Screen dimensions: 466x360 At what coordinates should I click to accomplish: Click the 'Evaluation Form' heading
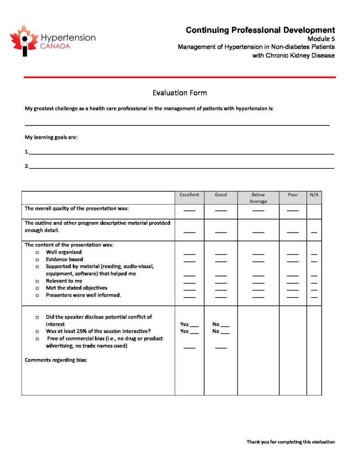click(179, 93)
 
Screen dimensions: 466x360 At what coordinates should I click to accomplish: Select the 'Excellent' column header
click(189, 195)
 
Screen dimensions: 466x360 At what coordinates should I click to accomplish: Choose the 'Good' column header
click(221, 195)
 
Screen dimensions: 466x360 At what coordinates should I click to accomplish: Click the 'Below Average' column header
click(258, 198)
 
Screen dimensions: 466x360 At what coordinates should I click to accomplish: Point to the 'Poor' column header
click(293, 195)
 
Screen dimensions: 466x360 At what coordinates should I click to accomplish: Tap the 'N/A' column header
click(314, 195)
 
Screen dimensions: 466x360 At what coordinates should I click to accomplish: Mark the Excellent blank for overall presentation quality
click(189, 211)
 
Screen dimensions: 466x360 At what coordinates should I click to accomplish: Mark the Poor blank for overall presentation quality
click(293, 211)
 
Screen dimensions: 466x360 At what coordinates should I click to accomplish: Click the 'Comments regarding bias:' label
click(56, 360)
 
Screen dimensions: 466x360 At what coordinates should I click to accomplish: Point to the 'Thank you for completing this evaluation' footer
click(290, 442)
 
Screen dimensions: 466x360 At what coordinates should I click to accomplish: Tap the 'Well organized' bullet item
click(64, 252)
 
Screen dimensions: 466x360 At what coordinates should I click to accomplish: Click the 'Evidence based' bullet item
click(64, 259)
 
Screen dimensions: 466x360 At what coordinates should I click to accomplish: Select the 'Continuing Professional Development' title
click(260, 30)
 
